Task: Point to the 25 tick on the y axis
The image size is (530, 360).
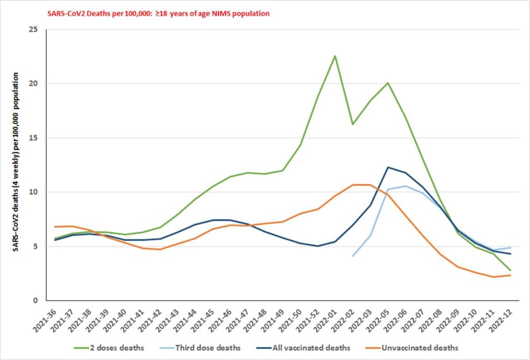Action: [34, 29]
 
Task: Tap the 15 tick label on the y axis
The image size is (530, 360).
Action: [34, 138]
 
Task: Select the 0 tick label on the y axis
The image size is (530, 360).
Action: [36, 301]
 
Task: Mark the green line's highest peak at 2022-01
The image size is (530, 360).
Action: [335, 56]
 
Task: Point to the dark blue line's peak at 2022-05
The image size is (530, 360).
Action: [388, 167]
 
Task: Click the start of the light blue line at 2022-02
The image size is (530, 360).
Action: [352, 256]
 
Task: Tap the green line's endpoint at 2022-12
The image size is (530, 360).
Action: [511, 271]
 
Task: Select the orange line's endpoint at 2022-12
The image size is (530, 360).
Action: [511, 275]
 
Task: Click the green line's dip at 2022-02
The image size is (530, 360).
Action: [352, 124]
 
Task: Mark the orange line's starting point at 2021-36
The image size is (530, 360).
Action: [54, 227]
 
